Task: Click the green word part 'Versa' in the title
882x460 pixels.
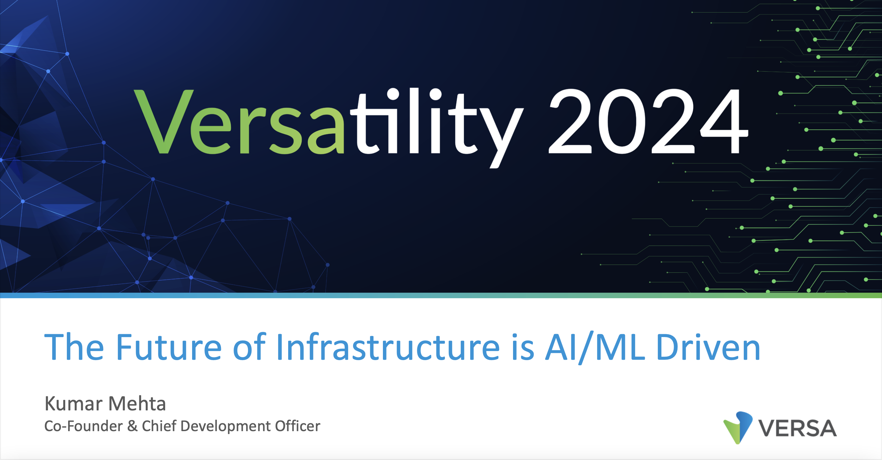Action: [239, 122]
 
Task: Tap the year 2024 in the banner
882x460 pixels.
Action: [648, 121]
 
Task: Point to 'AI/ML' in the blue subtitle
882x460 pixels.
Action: [595, 347]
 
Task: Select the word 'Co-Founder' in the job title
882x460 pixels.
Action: [83, 426]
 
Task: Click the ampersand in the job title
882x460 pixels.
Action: [132, 427]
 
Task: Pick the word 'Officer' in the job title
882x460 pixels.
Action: [298, 426]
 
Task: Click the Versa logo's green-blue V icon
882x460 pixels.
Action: [738, 428]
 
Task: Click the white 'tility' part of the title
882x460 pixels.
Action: [437, 127]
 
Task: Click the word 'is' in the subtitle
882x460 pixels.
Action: [523, 347]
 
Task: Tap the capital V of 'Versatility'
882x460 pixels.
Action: [164, 122]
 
